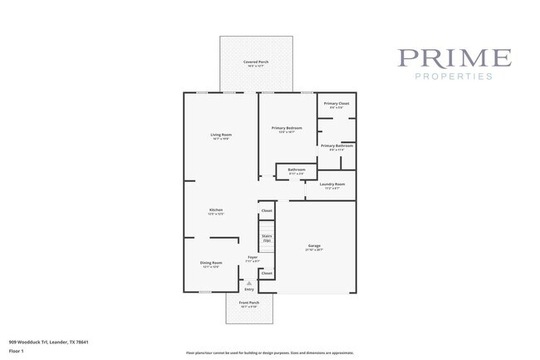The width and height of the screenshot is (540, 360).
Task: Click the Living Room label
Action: (x=220, y=135)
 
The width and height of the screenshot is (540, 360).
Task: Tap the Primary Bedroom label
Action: (x=287, y=128)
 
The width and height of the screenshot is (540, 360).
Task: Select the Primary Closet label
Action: (x=336, y=103)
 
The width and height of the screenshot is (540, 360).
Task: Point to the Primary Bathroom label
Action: (x=336, y=145)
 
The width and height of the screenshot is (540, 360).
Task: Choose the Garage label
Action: (x=314, y=245)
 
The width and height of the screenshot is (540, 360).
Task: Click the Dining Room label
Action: (x=211, y=263)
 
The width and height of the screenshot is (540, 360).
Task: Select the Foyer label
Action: (x=253, y=258)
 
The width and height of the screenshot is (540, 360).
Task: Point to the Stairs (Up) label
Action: (x=267, y=237)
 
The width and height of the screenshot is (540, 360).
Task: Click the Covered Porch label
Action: (x=256, y=62)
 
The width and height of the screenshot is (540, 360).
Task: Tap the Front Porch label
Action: (x=249, y=303)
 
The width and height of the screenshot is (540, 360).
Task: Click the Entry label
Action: (x=249, y=289)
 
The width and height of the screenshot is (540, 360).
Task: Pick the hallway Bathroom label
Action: (x=297, y=170)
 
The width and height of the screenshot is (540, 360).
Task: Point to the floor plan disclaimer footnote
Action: (x=270, y=353)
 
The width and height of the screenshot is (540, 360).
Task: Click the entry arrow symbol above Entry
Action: (x=249, y=283)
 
